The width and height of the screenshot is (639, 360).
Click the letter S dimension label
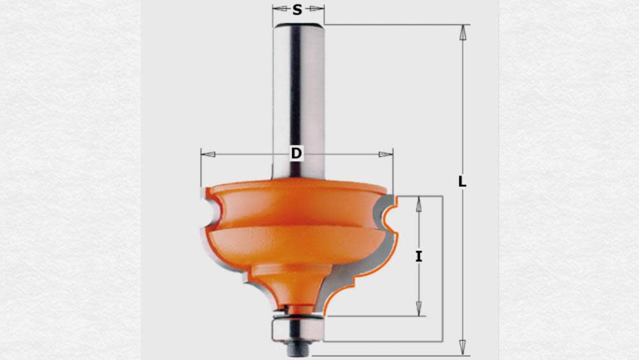tap(297, 10)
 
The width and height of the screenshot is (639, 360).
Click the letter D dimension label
tap(296, 154)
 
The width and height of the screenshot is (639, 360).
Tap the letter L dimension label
tap(462, 182)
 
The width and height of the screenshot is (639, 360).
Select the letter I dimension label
tap(419, 257)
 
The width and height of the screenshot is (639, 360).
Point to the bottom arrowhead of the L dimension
tap(462, 348)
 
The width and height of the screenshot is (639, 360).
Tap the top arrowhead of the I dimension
tap(419, 204)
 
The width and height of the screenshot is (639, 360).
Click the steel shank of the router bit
tap(298, 96)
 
